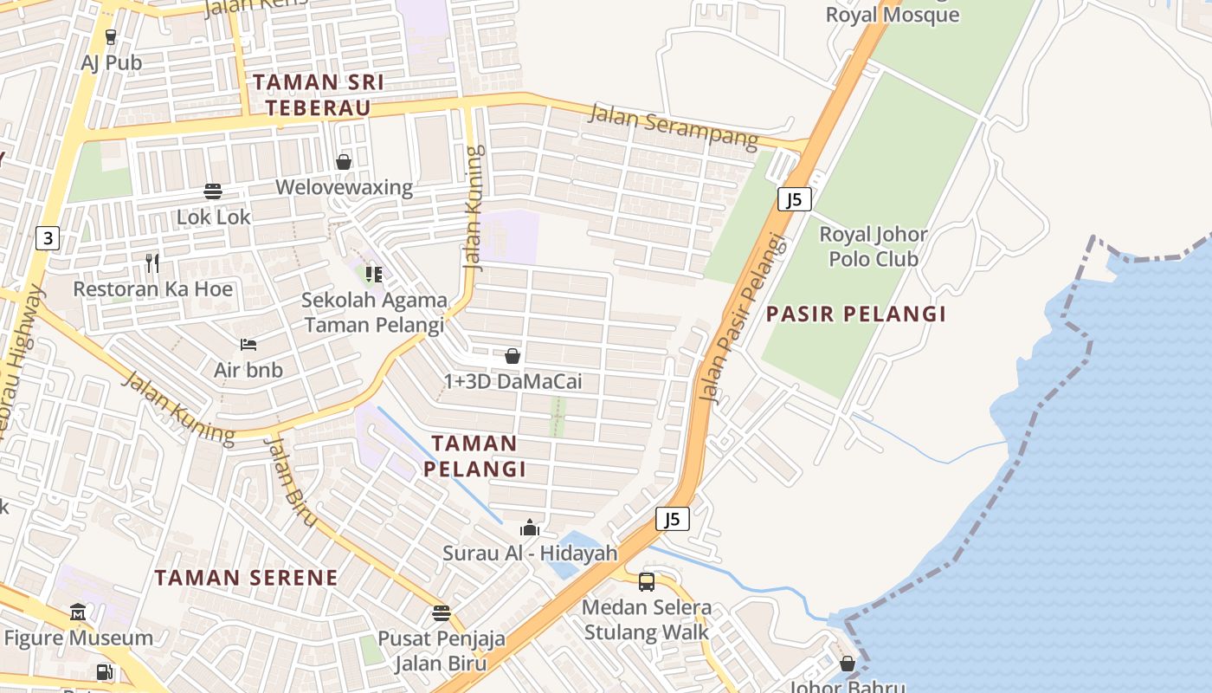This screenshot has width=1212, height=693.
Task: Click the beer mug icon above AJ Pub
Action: click(110, 36)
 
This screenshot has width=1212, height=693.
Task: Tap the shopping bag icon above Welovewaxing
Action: click(344, 162)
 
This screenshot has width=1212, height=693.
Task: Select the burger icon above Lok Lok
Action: click(213, 191)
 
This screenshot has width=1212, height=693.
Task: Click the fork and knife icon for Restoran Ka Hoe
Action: click(152, 262)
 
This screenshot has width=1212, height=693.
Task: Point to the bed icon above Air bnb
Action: click(248, 344)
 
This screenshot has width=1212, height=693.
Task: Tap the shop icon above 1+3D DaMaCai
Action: click(513, 356)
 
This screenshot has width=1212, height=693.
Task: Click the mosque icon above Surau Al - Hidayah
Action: click(530, 528)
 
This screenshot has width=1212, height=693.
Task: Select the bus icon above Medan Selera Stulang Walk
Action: click(647, 581)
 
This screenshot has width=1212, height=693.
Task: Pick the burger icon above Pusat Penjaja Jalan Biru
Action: click(442, 613)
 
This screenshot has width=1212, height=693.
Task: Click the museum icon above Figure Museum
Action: click(78, 612)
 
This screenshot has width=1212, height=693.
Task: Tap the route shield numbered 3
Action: click(48, 238)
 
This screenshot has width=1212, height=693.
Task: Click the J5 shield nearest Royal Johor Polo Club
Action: click(794, 199)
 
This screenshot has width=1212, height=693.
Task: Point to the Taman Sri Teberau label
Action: click(318, 95)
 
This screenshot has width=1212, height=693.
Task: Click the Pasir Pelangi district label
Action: click(855, 314)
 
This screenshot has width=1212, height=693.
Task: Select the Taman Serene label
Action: click(246, 577)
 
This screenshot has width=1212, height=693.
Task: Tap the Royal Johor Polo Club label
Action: click(874, 246)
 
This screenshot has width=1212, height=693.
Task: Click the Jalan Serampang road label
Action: click(674, 126)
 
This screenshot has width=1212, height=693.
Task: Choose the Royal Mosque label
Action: click(892, 15)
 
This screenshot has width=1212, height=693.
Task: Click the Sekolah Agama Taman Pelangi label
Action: click(374, 313)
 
